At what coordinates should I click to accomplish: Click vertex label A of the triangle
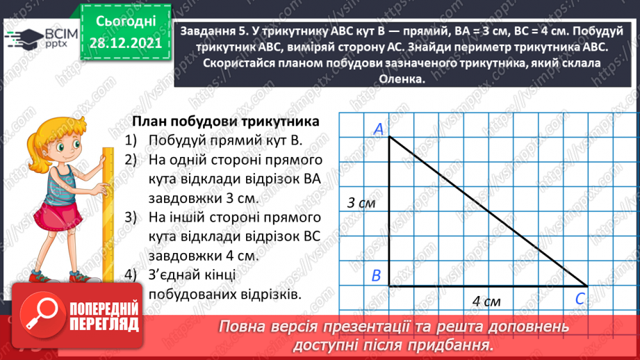[379, 129]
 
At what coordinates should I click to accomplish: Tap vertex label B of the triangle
[376, 276]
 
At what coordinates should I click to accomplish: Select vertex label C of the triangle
[579, 298]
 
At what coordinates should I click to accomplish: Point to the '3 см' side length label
[361, 203]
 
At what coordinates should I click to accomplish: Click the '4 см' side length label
[486, 302]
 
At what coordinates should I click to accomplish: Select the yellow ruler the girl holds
[108, 208]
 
